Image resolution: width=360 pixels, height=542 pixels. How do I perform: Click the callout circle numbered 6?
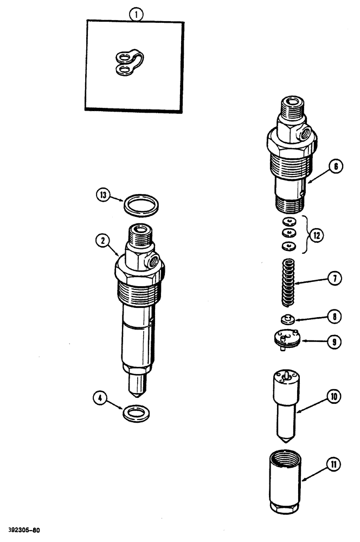tap(336, 167)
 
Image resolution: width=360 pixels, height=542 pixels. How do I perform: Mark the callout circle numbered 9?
tap(336, 342)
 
